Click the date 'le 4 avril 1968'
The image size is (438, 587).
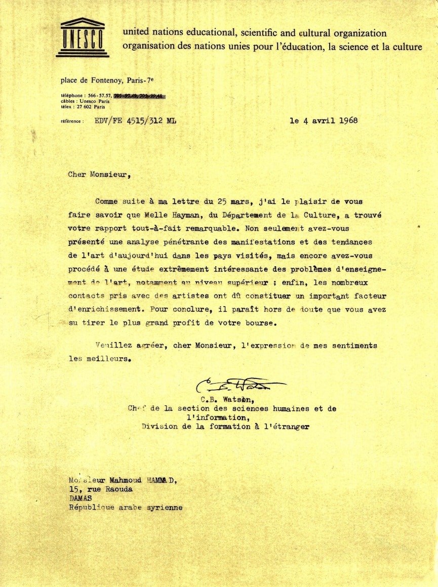pyautogui.click(x=324, y=120)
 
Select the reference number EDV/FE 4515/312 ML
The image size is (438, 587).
pyautogui.click(x=136, y=121)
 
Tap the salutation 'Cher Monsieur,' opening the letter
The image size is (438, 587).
pyautogui.click(x=99, y=175)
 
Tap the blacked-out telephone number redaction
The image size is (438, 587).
pyautogui.click(x=140, y=95)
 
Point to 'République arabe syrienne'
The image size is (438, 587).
pyautogui.click(x=126, y=508)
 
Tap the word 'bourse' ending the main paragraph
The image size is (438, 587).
pyautogui.click(x=263, y=322)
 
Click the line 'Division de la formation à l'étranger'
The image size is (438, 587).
pyautogui.click(x=225, y=427)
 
